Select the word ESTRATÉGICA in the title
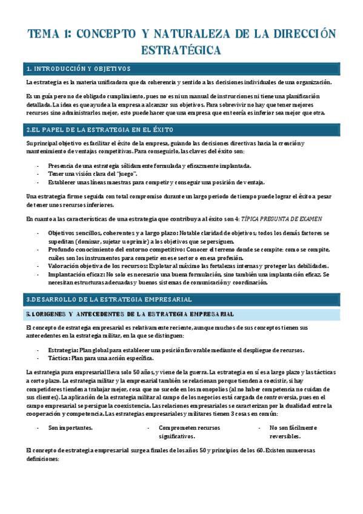[x=181, y=49]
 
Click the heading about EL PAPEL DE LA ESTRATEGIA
[x=100, y=130]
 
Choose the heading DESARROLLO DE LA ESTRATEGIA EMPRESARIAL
[x=109, y=299]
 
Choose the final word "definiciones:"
[x=43, y=459]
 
